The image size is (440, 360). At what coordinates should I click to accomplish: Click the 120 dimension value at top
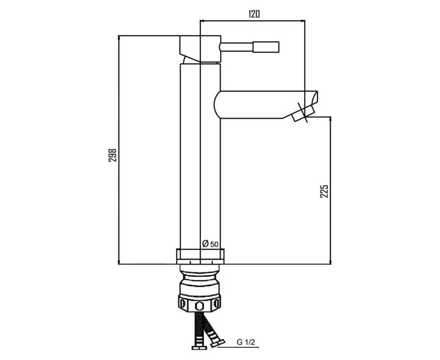click(254, 13)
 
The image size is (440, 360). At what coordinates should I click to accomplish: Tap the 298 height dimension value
click(112, 155)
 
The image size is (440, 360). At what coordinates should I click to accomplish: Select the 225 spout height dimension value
click(324, 191)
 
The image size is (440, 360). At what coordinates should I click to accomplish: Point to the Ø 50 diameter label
click(210, 244)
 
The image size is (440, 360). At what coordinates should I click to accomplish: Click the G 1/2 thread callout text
click(246, 342)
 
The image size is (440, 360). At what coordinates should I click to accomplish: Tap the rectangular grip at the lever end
click(266, 47)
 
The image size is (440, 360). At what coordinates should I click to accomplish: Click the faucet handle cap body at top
click(200, 48)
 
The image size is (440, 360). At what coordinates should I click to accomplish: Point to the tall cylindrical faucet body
click(200, 156)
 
